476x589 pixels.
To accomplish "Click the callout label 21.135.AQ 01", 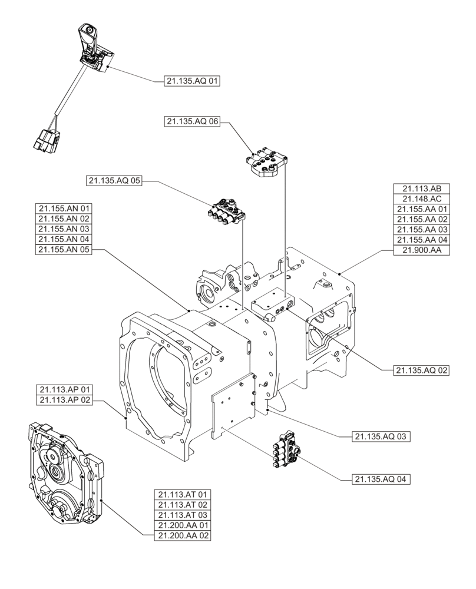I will coord(191,82).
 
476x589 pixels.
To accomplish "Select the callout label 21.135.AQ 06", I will coord(193,122).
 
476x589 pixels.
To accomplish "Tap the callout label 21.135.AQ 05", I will coord(114,181).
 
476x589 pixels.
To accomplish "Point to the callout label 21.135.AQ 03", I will coord(382,436).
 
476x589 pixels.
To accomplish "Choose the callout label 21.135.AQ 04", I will coord(382,479).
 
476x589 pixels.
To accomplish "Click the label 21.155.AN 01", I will coord(64,208).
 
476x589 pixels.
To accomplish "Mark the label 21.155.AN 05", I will coord(64,250).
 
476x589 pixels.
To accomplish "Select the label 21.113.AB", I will coord(422,188).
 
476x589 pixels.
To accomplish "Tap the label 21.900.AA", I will coord(422,250).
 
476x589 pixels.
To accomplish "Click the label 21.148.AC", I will coord(422,198).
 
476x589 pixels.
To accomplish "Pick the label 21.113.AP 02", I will coord(64,401).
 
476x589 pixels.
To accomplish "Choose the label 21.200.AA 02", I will coord(183,535).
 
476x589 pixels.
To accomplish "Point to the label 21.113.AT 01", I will coord(183,494).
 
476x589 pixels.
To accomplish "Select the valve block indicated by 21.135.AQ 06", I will coord(267,163).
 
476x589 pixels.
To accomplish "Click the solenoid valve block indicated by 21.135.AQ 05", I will coord(227,212).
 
